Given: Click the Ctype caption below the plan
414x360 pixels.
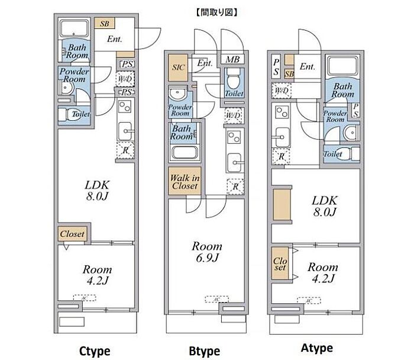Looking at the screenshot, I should point(95,351).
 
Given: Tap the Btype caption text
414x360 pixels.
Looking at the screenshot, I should point(204,351).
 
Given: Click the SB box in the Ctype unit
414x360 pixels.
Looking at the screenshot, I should point(105,24).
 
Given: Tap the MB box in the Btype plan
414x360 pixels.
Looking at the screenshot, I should point(232,59).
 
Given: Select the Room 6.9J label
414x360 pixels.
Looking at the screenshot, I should point(206,251).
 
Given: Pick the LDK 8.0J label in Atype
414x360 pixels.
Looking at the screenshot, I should point(324,205).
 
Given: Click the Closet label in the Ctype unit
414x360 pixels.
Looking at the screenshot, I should point(72,234).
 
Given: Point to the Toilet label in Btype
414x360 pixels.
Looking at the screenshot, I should point(233,94).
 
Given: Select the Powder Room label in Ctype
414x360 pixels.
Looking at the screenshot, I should point(74,75).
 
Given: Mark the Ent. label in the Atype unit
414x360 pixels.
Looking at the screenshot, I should point(307,66).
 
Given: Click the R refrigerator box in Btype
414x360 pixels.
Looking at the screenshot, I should point(235,188).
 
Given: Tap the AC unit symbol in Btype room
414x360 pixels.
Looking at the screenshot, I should point(216,300).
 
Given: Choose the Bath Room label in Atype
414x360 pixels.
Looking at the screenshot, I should point(342,91).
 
